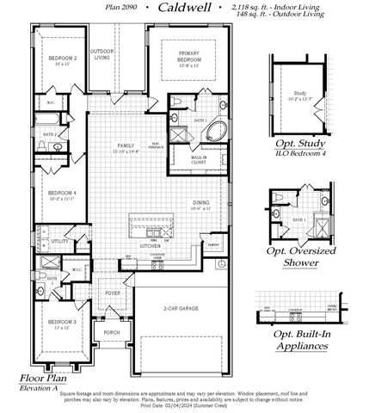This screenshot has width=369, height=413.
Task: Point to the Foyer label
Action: pyautogui.click(x=114, y=292)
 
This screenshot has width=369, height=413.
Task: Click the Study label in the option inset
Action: pyautogui.click(x=299, y=92)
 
